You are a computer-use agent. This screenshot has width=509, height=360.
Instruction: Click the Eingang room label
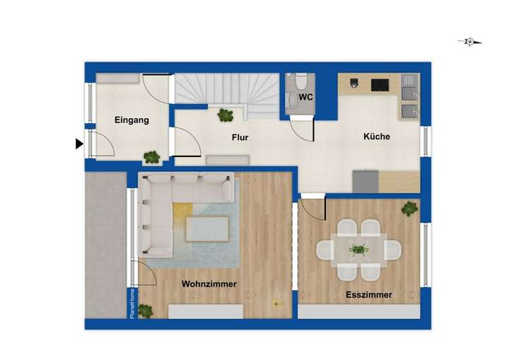coord(131,120)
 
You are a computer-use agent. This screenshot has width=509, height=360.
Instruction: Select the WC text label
coord(305,97)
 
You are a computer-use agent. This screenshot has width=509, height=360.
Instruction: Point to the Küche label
coord(377,137)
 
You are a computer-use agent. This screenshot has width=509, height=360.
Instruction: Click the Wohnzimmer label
coord(209,284)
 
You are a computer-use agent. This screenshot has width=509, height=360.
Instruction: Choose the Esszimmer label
coord(369,295)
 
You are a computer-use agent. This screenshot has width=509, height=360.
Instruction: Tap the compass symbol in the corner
coord(469,42)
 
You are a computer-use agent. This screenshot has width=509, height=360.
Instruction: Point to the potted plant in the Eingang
coord(151,157)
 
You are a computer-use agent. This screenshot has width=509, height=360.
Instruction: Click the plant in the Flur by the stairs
coord(226,114)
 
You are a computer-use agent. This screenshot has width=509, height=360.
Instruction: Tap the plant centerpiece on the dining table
coord(359,249)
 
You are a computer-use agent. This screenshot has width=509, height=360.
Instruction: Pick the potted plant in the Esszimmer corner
coord(409,208)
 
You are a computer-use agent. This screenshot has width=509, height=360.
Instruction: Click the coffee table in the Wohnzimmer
coord(207,228)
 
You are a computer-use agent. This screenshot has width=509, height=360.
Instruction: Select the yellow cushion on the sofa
coord(182,211)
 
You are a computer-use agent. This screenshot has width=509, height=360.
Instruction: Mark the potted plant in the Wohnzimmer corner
coord(146,310)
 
